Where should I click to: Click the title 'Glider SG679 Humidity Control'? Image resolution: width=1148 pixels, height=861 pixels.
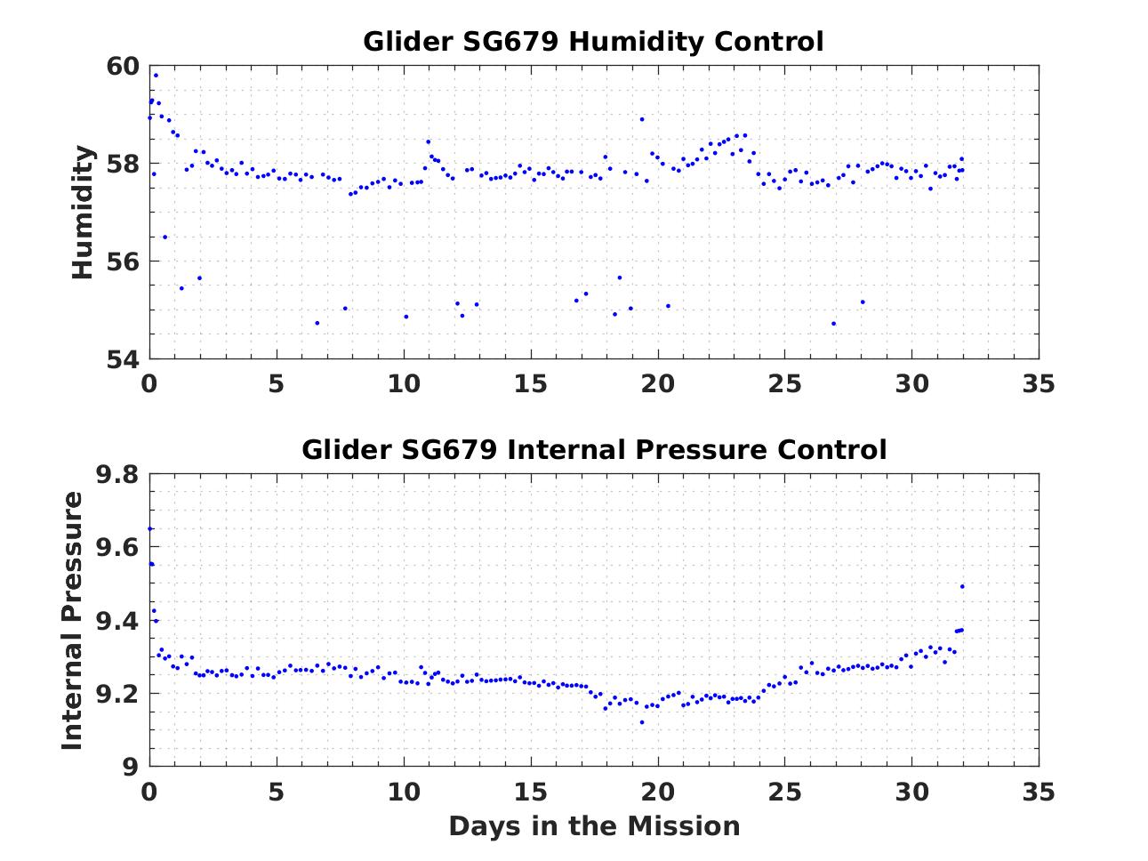pos(593,42)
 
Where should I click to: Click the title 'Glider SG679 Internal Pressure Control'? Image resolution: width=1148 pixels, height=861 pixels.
pos(593,449)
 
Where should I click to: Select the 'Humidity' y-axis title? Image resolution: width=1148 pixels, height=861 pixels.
pos(83,213)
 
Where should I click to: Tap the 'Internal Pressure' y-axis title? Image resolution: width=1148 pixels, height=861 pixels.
pos(73,620)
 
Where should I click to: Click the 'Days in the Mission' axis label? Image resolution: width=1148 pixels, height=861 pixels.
pos(593,826)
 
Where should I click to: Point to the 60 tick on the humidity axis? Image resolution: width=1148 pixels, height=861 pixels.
pos(123,67)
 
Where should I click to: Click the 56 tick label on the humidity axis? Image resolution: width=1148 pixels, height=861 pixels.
pos(123,262)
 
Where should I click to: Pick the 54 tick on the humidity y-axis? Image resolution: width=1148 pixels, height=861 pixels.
pos(123,359)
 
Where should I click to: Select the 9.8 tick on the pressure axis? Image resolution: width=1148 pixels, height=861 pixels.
pos(116,474)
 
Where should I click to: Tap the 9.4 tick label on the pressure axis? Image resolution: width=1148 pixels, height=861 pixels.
pos(116,621)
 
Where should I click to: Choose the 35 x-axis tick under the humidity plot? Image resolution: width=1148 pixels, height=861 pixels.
pos(1039,384)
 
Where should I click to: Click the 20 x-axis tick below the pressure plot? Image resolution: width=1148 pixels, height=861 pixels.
pos(658,791)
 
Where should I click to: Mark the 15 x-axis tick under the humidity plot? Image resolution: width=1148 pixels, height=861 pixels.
pos(531,384)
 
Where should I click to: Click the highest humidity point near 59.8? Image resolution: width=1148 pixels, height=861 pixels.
pos(156,76)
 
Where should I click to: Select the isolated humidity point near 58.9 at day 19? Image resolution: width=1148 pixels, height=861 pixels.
pos(642,119)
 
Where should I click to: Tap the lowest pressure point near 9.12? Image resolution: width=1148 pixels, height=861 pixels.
pos(642,722)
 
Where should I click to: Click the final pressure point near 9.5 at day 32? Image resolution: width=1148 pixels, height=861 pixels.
pos(962,586)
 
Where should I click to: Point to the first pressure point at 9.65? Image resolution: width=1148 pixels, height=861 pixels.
pos(150,529)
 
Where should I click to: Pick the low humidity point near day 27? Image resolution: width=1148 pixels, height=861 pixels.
pos(833,323)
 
